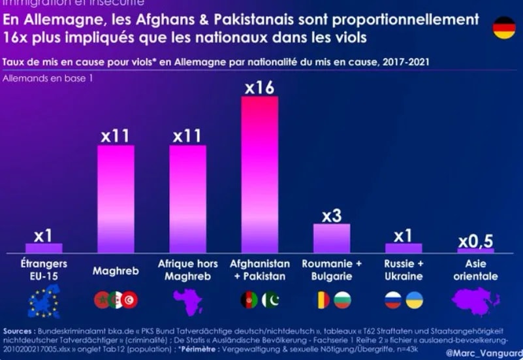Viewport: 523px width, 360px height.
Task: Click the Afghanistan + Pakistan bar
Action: (x=260, y=174)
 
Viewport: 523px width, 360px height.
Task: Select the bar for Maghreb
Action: (x=116, y=199)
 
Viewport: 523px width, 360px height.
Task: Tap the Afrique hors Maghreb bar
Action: (x=187, y=199)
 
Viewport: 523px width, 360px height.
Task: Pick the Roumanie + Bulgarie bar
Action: (x=332, y=238)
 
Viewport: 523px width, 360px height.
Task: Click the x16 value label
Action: (x=259, y=87)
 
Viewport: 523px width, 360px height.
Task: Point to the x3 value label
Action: (x=332, y=215)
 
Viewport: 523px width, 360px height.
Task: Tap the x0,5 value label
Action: (x=475, y=241)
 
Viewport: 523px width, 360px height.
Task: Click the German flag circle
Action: (x=504, y=28)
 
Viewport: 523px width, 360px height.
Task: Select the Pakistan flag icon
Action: (x=270, y=300)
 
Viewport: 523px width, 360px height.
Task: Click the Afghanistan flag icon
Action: (x=249, y=300)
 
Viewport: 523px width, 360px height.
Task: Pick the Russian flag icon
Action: (x=393, y=300)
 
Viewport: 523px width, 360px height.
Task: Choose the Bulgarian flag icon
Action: (x=342, y=300)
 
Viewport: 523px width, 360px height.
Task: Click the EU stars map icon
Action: (x=44, y=301)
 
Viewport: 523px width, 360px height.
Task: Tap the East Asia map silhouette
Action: (x=476, y=301)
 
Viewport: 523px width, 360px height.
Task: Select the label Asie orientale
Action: (x=476, y=270)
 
